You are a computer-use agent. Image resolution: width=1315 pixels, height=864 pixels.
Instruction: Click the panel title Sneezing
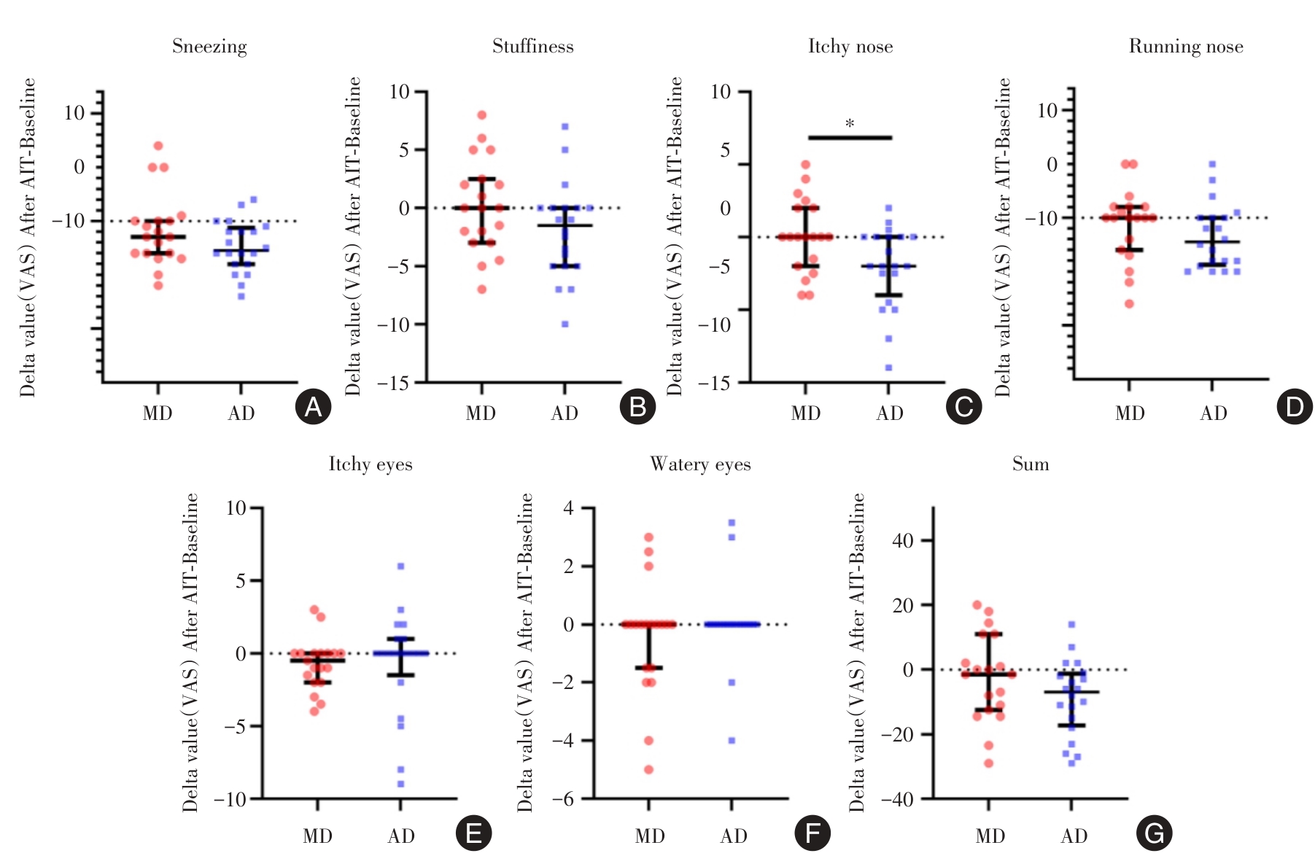[209, 47]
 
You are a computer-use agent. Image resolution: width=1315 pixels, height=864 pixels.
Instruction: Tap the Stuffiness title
[532, 47]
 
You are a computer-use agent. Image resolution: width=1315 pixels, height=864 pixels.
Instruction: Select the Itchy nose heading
[850, 47]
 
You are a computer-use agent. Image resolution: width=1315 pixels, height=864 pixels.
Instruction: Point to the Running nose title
[1185, 47]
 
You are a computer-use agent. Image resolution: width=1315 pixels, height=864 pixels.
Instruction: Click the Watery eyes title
[700, 464]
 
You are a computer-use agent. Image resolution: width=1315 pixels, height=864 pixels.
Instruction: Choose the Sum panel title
[1030, 464]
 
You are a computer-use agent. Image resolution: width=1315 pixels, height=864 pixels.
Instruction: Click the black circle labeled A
[314, 407]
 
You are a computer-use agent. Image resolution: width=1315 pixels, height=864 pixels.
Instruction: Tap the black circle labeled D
[1295, 407]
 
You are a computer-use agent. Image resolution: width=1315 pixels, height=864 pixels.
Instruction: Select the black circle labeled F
[812, 833]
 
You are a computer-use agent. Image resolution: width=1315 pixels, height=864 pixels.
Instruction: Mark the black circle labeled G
[1154, 833]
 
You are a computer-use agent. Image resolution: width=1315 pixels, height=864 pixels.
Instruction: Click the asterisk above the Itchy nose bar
[850, 124]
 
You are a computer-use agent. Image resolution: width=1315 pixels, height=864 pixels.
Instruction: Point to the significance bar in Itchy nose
[850, 137]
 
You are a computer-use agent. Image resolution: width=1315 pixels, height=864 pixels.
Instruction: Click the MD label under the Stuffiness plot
[481, 414]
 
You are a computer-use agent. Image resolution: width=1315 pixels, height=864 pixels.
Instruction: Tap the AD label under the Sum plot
[1074, 836]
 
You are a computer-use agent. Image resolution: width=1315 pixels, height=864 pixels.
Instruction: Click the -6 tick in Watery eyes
[562, 799]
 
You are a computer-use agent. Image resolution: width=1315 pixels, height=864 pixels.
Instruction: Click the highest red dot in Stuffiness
[482, 115]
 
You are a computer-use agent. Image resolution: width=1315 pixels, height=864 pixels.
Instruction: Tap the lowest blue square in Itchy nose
[888, 367]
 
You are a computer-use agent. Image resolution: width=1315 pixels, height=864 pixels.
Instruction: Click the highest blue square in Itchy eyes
[400, 567]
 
